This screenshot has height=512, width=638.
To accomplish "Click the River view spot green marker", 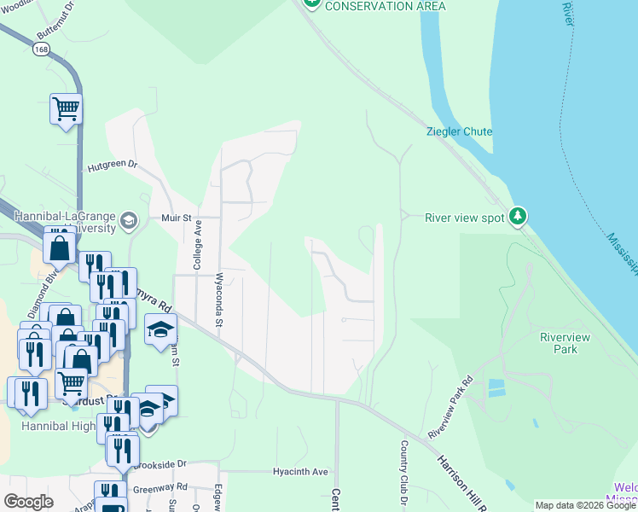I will pyautogui.click(x=517, y=216).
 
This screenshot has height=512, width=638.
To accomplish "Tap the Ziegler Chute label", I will pyautogui.click(x=459, y=131).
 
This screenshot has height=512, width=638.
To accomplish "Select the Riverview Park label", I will pyautogui.click(x=565, y=344).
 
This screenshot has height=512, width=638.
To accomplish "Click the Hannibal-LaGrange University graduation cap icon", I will pyautogui.click(x=129, y=222).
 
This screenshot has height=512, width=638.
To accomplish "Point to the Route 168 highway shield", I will pyautogui.click(x=41, y=49).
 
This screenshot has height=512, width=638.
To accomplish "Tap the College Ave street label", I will pyautogui.click(x=197, y=245).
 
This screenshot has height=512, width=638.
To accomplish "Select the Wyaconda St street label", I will pyautogui.click(x=219, y=300).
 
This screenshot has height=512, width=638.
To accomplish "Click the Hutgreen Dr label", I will pyautogui.click(x=111, y=164).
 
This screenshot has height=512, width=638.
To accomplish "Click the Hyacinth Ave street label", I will pyautogui.click(x=300, y=471).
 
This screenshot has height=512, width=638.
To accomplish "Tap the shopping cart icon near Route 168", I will pyautogui.click(x=66, y=108).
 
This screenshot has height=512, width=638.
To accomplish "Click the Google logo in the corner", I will pyautogui.click(x=28, y=501).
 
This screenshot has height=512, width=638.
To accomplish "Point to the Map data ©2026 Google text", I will pyautogui.click(x=585, y=505).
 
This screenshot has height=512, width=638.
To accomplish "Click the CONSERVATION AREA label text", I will pyautogui.click(x=385, y=6).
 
